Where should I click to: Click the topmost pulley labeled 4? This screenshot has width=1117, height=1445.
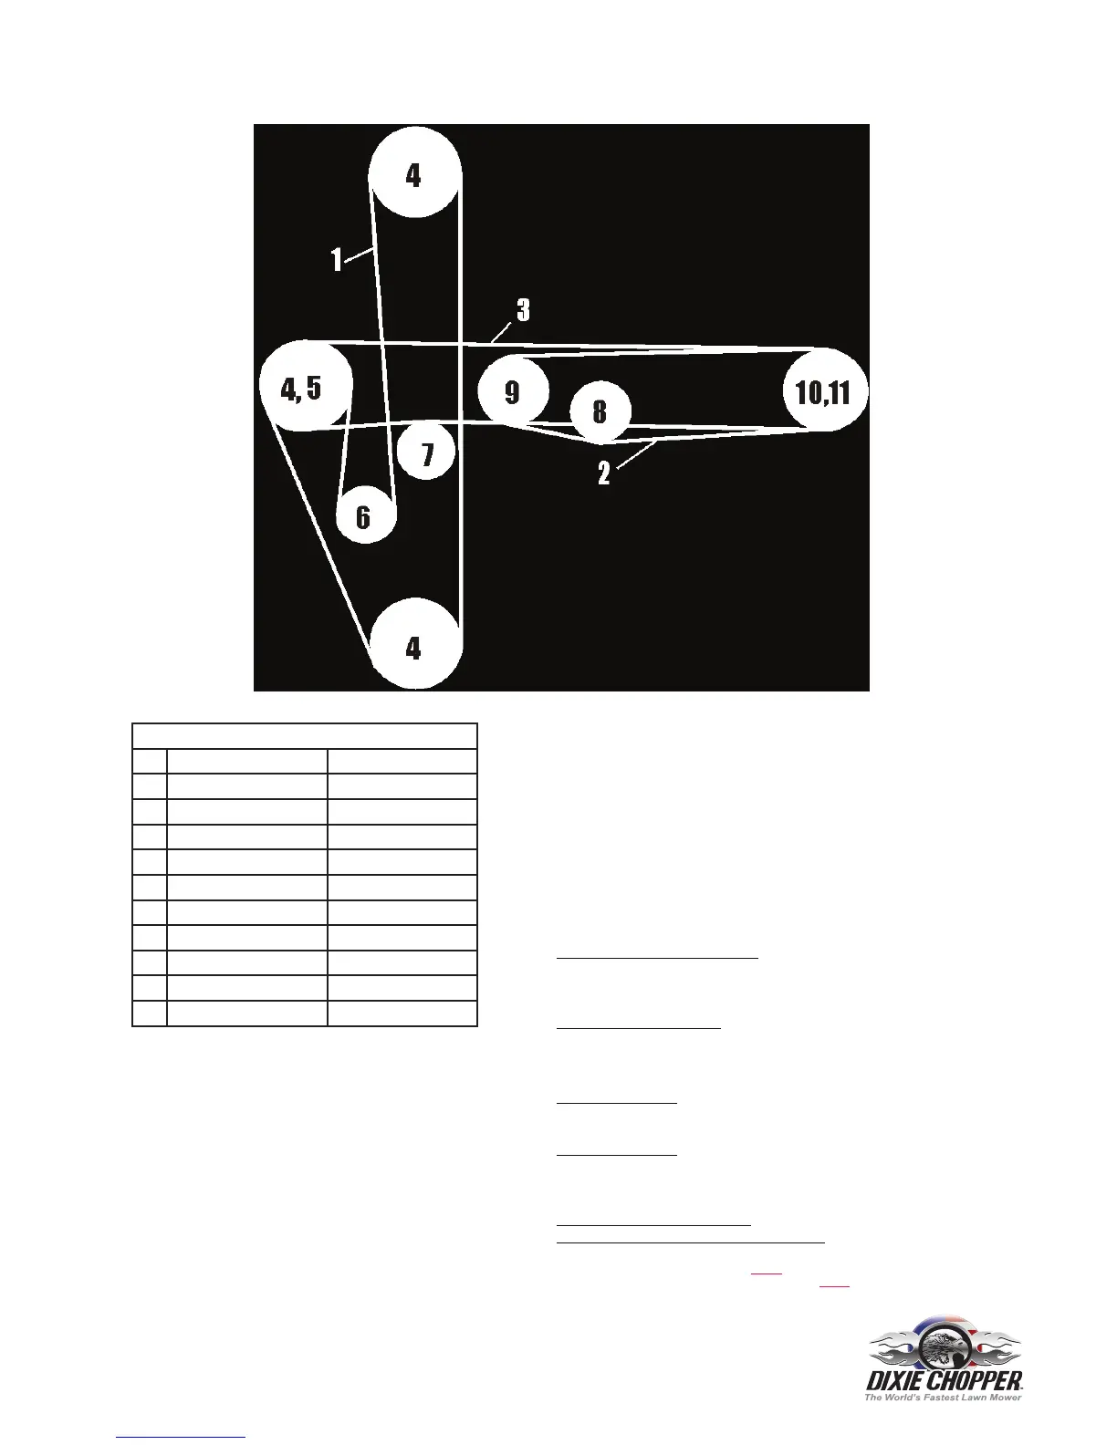pyautogui.click(x=414, y=172)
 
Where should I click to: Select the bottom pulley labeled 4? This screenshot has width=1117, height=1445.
pyautogui.click(x=414, y=645)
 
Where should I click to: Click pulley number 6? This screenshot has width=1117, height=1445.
pyautogui.click(x=365, y=516)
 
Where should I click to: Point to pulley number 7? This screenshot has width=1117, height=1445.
pyautogui.click(x=426, y=452)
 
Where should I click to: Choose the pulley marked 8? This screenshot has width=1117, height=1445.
pyautogui.click(x=600, y=411)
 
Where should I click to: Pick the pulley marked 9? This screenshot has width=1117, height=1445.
pyautogui.click(x=513, y=391)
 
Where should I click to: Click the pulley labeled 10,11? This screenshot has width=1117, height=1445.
pyautogui.click(x=824, y=390)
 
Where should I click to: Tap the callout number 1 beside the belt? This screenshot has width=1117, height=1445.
pyautogui.click(x=337, y=260)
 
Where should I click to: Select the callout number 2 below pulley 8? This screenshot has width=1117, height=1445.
pyautogui.click(x=603, y=473)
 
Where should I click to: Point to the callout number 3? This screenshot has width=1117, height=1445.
pyautogui.click(x=523, y=310)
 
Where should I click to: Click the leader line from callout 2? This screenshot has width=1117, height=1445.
pyautogui.click(x=637, y=455)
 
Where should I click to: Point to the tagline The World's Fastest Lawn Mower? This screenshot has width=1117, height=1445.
pyautogui.click(x=943, y=1397)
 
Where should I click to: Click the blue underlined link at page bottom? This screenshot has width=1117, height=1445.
pyautogui.click(x=181, y=1436)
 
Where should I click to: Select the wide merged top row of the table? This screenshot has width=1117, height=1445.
pyautogui.click(x=305, y=736)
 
